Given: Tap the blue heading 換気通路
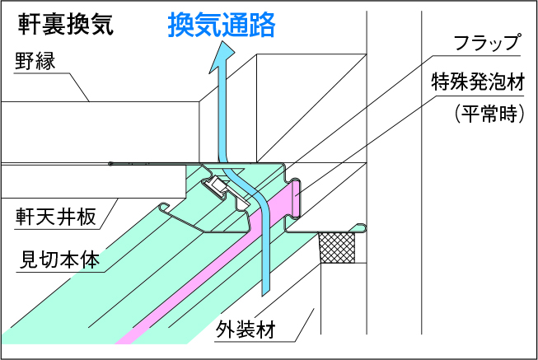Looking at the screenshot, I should (221, 25).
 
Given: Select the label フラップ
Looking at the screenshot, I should (489, 43).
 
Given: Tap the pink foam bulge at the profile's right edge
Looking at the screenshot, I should (293, 198).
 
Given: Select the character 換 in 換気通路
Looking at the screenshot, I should (180, 25).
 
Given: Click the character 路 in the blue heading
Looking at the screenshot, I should (262, 25).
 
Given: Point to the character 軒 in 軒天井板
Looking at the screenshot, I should (26, 217).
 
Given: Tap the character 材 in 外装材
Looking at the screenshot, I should (265, 330).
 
